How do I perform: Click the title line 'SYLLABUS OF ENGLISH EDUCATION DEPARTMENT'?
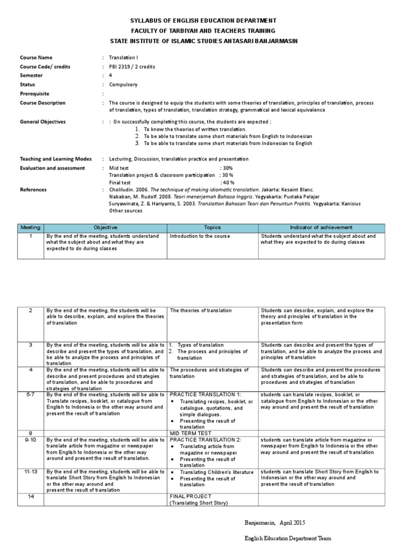[203, 20]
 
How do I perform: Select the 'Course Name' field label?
[36, 58]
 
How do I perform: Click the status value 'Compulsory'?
[123, 84]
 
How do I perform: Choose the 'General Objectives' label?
[43, 122]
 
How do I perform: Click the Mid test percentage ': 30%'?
[226, 168]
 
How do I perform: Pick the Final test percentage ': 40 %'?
[227, 182]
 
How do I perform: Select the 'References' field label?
[33, 189]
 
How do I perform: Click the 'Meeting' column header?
[30, 227]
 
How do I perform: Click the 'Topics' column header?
[212, 227]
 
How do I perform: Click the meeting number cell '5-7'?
[31, 395]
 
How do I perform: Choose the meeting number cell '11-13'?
[31, 472]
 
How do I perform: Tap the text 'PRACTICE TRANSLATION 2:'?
[205, 439]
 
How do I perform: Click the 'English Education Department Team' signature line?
[288, 538]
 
